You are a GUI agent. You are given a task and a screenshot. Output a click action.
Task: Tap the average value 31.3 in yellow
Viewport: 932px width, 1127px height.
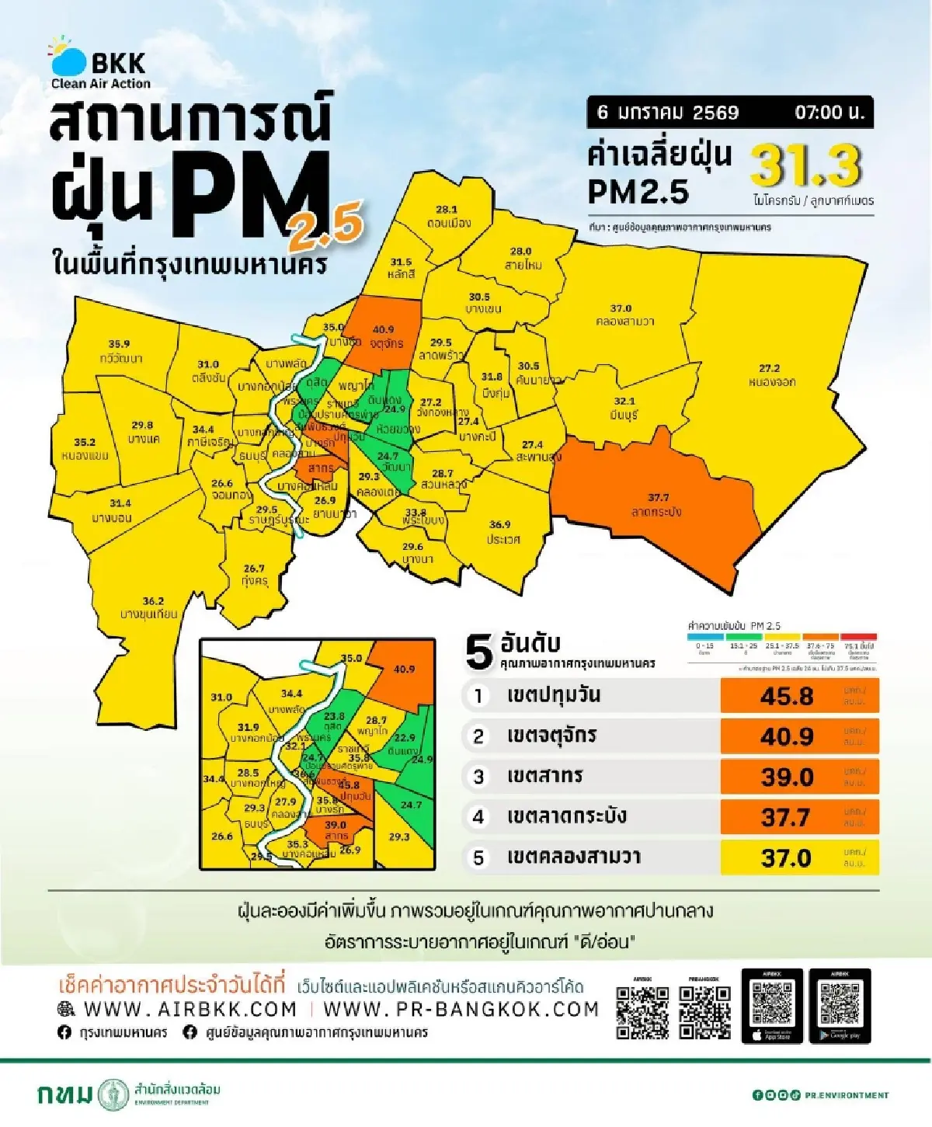pyautogui.click(x=806, y=165)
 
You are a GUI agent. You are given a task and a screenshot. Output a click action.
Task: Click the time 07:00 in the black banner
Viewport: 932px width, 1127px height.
pyautogui.click(x=828, y=113)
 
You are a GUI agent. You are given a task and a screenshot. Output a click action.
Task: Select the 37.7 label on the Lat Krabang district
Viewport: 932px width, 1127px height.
pyautogui.click(x=658, y=497)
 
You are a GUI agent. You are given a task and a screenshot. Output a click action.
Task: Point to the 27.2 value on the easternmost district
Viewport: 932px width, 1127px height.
pyautogui.click(x=769, y=368)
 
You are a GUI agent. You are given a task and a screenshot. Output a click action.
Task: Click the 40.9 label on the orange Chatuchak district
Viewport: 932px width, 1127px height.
pyautogui.click(x=383, y=329)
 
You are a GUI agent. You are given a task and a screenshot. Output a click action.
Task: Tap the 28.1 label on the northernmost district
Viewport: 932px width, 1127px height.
pyautogui.click(x=447, y=210)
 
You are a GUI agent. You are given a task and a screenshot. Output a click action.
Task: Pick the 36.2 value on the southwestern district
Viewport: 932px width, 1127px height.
pyautogui.click(x=153, y=601)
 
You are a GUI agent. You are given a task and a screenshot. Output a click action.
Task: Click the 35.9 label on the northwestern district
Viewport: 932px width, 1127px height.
pyautogui.click(x=119, y=343)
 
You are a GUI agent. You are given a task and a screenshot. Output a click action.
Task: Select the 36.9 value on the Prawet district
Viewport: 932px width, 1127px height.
pyautogui.click(x=500, y=524)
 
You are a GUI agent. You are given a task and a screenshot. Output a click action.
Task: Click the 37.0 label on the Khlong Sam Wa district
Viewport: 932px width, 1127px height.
pyautogui.click(x=621, y=308)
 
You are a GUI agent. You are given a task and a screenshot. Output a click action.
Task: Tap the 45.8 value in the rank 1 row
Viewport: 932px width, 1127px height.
pyautogui.click(x=786, y=696)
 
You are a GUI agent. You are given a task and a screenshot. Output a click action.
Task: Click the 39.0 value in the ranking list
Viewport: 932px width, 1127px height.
pyautogui.click(x=786, y=777)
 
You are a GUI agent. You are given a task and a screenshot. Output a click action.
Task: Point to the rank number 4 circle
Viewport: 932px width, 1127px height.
pyautogui.click(x=478, y=817)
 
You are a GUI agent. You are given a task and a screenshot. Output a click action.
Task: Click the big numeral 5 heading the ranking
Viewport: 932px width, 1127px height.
pyautogui.click(x=479, y=652)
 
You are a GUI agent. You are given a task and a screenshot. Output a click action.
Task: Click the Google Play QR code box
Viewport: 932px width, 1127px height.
pyautogui.click(x=840, y=1006)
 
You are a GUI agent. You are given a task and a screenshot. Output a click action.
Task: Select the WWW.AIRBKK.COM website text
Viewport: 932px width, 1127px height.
pyautogui.click(x=190, y=1009)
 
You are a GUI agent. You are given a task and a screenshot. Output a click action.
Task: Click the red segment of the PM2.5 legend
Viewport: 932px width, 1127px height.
pyautogui.click(x=859, y=637)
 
